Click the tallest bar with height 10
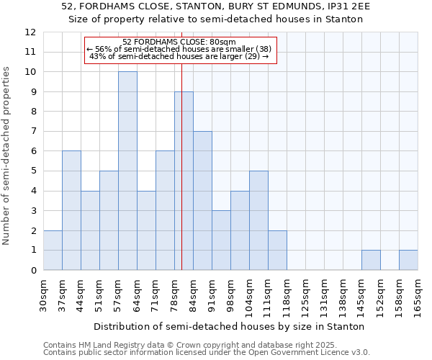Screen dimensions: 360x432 127,171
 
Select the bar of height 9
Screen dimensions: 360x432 184,181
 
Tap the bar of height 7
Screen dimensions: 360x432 202,201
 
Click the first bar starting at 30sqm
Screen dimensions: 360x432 53,251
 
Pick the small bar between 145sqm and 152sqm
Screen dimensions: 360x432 371,260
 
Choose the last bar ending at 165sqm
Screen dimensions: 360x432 408,260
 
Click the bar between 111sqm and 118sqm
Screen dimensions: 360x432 277,251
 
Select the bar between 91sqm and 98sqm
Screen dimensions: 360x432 221,240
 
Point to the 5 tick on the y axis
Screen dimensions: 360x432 32,171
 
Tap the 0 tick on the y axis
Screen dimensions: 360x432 32,271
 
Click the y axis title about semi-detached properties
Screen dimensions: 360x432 7,156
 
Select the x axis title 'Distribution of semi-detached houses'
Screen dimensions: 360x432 230,326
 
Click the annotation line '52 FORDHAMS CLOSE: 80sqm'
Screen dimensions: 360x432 180,42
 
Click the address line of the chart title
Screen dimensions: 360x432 216,6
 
